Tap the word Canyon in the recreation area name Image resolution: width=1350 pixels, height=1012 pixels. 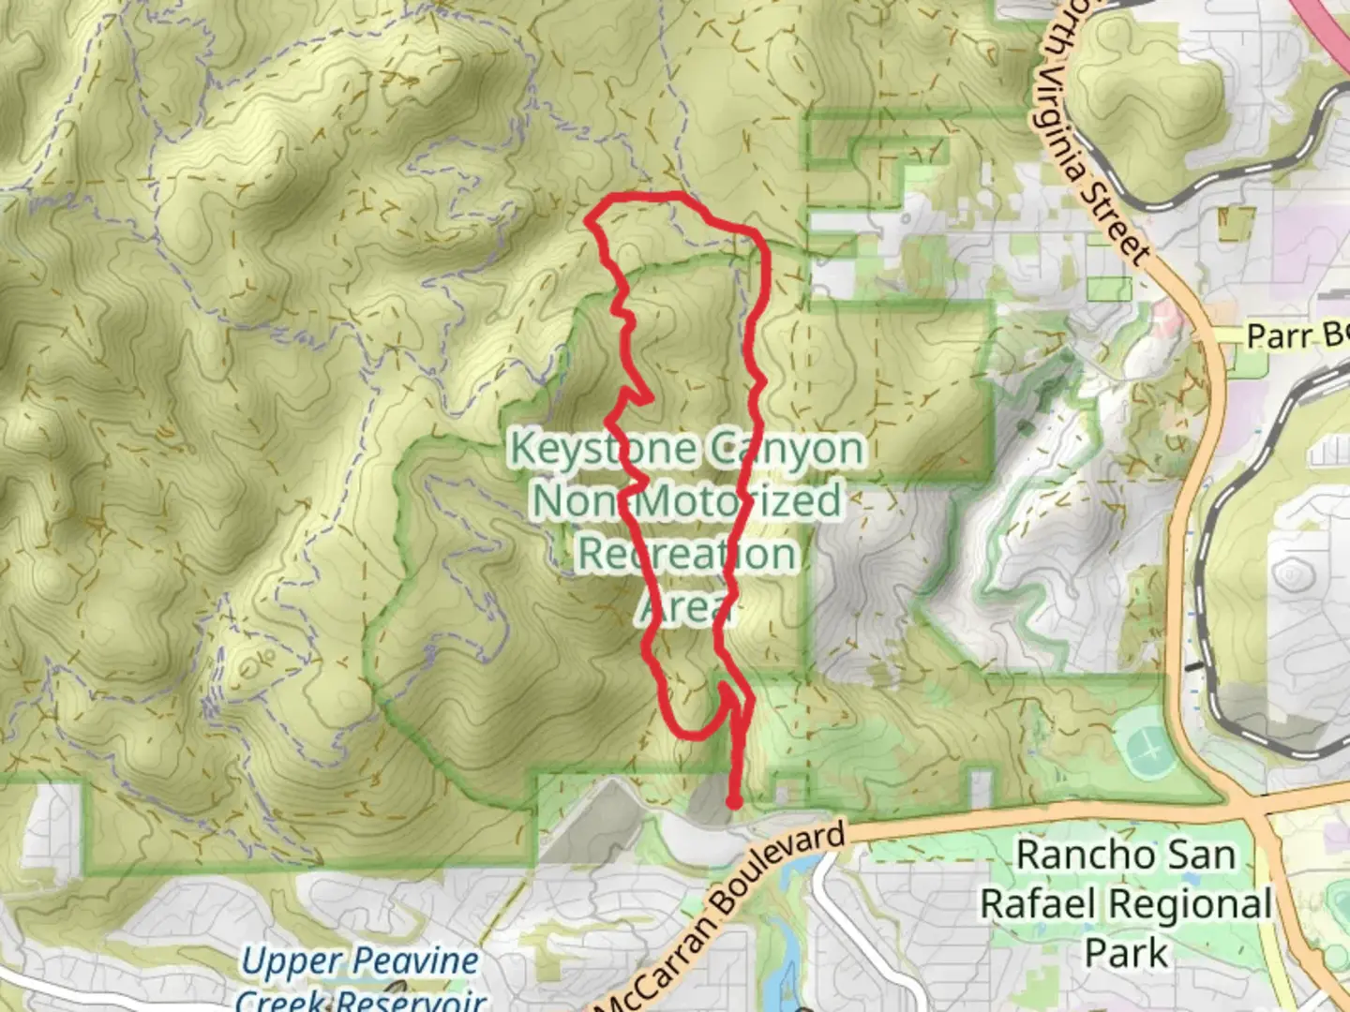786,450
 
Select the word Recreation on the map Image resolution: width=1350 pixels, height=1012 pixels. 686,553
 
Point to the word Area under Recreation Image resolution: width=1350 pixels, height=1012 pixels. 684,607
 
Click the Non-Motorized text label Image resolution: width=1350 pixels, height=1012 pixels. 686,500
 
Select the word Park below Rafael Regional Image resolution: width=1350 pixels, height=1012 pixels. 1126,953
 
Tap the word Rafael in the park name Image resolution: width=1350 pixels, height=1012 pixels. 1037,904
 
